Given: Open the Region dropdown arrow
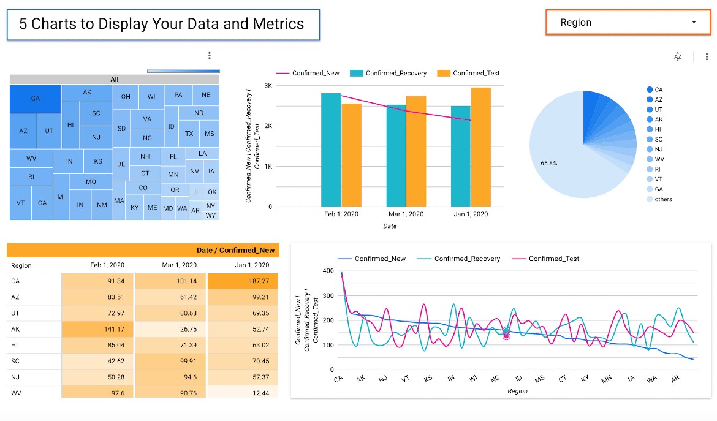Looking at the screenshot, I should [694, 22].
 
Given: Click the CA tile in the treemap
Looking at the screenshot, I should [35, 98].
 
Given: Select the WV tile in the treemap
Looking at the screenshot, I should [31, 158].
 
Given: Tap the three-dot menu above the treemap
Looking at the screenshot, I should [210, 56].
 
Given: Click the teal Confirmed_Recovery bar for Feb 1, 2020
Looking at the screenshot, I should [331, 150].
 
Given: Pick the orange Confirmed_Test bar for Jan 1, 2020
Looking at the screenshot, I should [480, 147].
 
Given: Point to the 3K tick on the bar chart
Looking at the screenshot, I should [268, 85].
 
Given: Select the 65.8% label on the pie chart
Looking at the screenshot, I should [548, 164].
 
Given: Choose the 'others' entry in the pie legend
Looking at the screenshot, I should [663, 199].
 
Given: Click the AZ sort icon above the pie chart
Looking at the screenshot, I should [678, 56].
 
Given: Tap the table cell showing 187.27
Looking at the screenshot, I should [243, 281].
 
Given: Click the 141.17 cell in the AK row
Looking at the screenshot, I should [97, 329].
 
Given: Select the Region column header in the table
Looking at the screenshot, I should [21, 265].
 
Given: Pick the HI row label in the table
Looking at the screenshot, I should [15, 345].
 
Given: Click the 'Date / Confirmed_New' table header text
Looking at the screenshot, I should [235, 250].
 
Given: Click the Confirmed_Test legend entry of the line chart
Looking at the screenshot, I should [554, 259].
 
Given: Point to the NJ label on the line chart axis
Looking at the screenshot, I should [383, 379].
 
